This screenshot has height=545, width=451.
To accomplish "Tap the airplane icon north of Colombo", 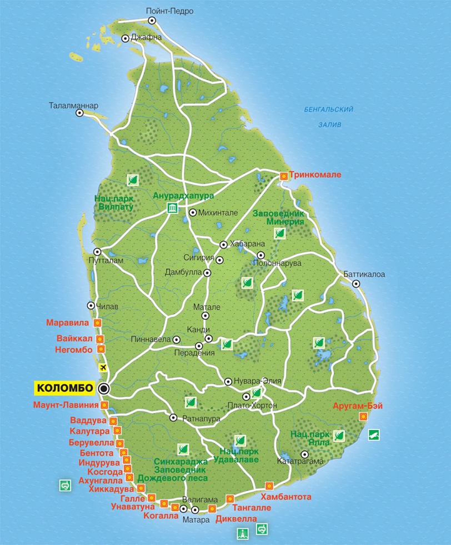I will click(x=103, y=367).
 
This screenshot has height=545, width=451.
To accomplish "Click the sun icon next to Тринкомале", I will click(x=284, y=175).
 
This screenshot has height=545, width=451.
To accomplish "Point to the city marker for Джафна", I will click(x=126, y=38).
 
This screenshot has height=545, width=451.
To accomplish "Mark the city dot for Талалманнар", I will click(x=79, y=113).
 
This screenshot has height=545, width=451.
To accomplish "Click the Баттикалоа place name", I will click(x=364, y=274).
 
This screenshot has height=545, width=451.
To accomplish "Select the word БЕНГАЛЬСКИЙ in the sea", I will click(x=329, y=110).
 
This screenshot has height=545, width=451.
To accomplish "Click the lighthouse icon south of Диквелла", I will click(x=242, y=534).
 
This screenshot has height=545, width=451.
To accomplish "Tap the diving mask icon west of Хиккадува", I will click(x=66, y=486).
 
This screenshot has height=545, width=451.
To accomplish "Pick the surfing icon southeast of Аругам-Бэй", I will click(x=374, y=434).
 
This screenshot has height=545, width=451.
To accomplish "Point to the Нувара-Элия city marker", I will click(x=228, y=382).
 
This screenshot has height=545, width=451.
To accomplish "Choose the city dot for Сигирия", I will click(x=220, y=260).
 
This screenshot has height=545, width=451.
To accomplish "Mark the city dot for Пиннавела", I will click(x=177, y=339).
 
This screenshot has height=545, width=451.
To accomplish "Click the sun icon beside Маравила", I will click(x=97, y=322).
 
